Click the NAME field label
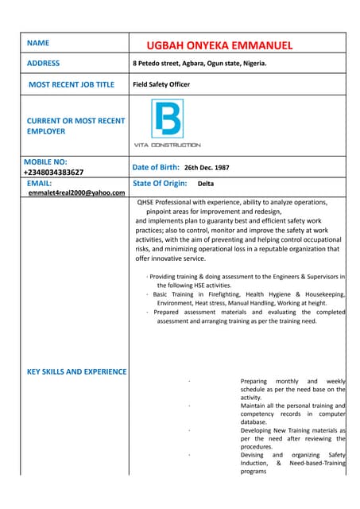(x=38, y=42)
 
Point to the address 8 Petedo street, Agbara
(x=199, y=64)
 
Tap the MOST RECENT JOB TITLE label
(x=72, y=84)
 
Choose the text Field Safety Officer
(x=161, y=84)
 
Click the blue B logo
(x=167, y=119)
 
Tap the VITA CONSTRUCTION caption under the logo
(x=167, y=145)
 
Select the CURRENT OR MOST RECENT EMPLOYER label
(x=75, y=126)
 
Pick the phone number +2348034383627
(x=53, y=172)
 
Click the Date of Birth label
(x=156, y=167)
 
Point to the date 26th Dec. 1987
(x=207, y=168)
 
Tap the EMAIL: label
(x=39, y=183)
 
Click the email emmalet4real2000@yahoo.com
(x=76, y=192)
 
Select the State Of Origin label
(x=160, y=183)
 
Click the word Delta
(x=206, y=184)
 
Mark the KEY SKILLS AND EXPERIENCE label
(x=76, y=371)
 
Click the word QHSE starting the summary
(x=148, y=202)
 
